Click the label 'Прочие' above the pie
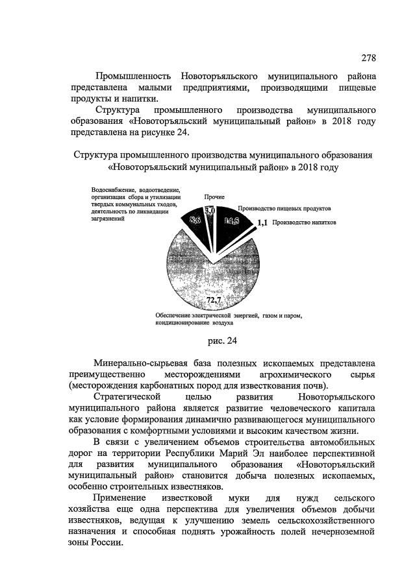pyautogui.click(x=214, y=196)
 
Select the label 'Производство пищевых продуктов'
pyautogui.click(x=284, y=209)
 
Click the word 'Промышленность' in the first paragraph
pyautogui.click(x=133, y=77)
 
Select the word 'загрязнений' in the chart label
pyautogui.click(x=108, y=219)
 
